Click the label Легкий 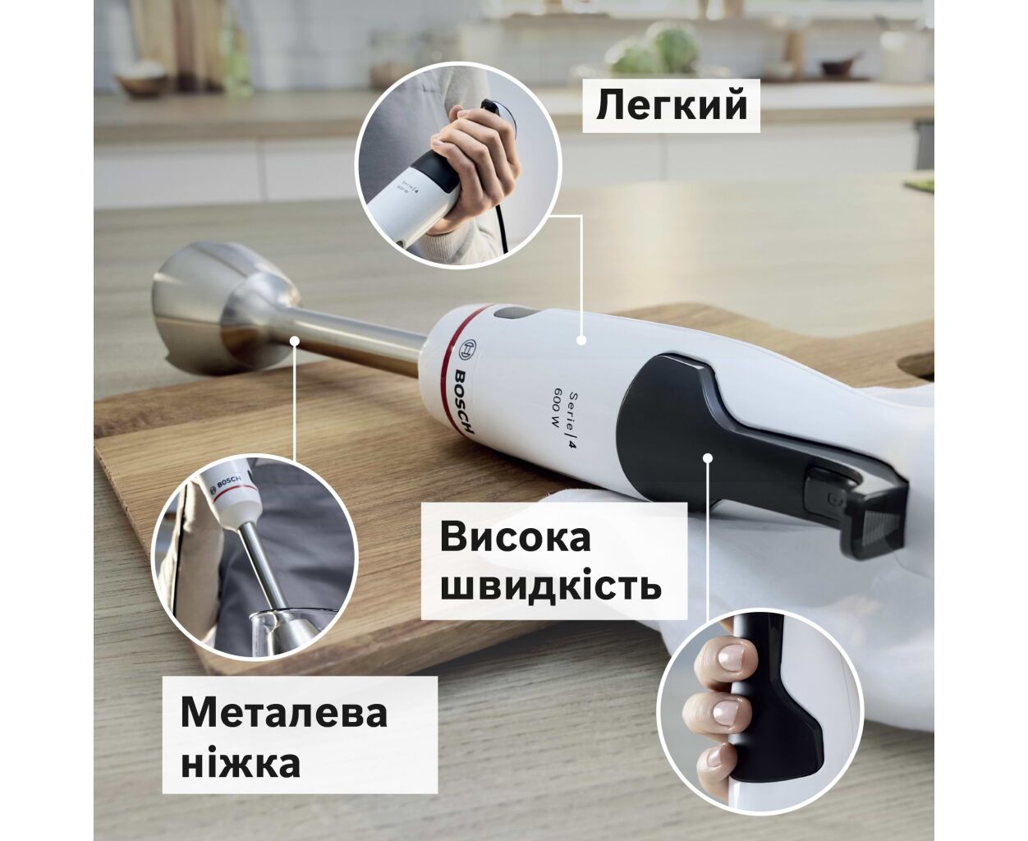coord(671,105)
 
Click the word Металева coord(284,713)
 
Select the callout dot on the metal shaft coord(295,340)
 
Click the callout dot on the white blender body coord(581,340)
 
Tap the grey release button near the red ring coord(515,313)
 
